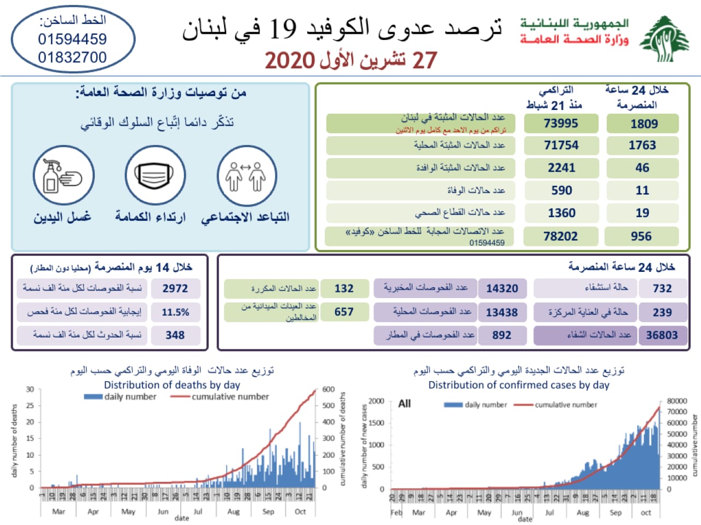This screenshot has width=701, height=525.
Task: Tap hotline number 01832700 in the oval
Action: tap(72, 57)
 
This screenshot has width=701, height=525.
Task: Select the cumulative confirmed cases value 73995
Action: tap(560, 124)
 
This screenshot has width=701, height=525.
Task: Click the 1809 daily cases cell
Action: tap(643, 124)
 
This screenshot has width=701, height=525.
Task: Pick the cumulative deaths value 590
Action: tap(561, 190)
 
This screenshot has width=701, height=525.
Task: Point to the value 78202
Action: tap(560, 236)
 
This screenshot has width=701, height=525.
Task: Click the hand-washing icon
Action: tap(64, 177)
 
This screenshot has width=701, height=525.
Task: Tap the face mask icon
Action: tap(154, 176)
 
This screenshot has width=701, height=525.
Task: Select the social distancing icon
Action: tap(246, 176)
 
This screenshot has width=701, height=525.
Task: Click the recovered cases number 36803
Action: tap(662, 335)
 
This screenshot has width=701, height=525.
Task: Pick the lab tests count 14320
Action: tap(502, 289)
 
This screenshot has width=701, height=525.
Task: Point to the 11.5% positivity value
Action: tap(175, 312)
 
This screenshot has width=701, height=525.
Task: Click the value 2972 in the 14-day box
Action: tap(175, 289)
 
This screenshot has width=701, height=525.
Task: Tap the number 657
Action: tap(344, 312)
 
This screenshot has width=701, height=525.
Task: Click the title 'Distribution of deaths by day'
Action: tap(172, 384)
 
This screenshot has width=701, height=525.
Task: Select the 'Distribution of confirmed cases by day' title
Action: tap(519, 384)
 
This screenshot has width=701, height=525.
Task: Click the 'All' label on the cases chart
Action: tap(404, 404)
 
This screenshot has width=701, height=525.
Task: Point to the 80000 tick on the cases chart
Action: tap(676, 401)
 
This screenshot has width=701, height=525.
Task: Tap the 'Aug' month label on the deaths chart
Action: tap(233, 512)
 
